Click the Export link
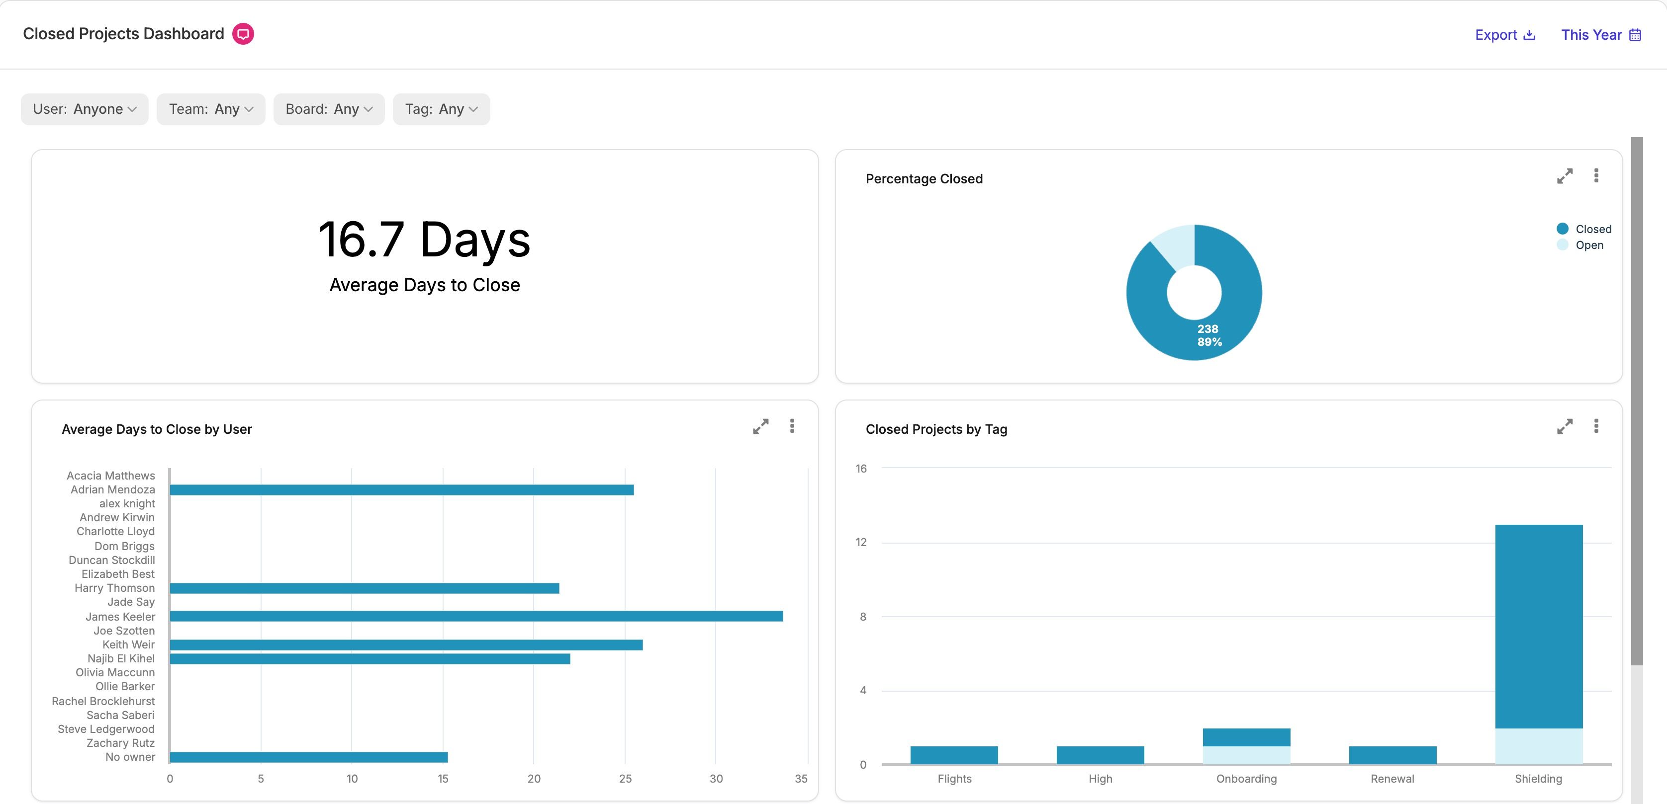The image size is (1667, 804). [1504, 35]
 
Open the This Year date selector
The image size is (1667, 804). [1601, 35]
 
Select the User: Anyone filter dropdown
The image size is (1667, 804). [85, 109]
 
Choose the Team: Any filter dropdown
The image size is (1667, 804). [211, 109]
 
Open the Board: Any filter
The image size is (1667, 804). [329, 109]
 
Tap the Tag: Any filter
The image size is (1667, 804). [441, 109]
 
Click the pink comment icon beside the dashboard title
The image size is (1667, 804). [243, 34]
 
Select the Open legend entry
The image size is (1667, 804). [1580, 245]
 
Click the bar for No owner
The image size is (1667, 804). [309, 757]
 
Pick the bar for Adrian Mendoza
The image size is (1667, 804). [402, 489]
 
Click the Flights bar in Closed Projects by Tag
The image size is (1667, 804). [954, 755]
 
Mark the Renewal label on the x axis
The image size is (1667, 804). [1392, 779]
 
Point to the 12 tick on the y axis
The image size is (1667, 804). [861, 542]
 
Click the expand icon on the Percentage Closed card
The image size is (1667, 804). [1565, 176]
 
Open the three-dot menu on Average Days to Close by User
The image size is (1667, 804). [792, 426]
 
